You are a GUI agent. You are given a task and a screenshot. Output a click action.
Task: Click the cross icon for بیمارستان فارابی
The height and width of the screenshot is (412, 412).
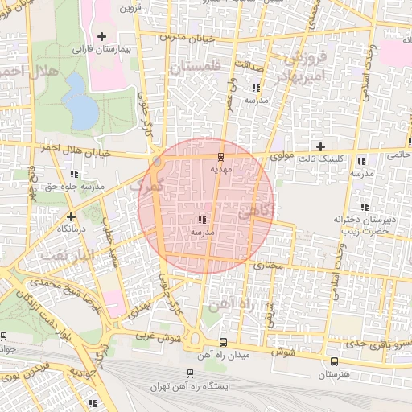(101, 37)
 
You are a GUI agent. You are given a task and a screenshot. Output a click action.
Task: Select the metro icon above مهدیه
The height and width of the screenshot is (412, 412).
(221, 156)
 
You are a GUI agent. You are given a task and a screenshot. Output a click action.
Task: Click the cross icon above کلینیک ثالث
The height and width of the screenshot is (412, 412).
(321, 146)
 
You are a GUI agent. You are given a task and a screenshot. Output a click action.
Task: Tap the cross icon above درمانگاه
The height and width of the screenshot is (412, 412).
(72, 216)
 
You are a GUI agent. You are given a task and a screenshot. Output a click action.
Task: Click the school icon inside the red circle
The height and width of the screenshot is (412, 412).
(201, 219)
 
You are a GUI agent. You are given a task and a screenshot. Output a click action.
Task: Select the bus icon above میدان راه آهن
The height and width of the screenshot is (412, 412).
(222, 341)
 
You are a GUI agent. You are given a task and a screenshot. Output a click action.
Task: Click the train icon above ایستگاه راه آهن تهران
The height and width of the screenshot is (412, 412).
(190, 373)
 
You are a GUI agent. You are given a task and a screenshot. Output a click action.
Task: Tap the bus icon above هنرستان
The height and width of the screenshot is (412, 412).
(334, 360)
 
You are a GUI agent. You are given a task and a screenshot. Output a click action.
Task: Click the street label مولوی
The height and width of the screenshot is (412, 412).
(285, 151)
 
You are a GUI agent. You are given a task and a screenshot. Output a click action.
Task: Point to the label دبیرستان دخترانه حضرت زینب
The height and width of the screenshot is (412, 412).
(361, 225)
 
